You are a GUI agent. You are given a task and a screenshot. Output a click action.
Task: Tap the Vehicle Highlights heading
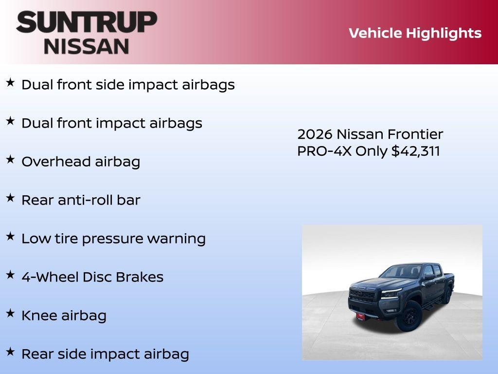(415, 33)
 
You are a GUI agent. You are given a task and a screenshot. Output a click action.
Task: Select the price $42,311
(416, 151)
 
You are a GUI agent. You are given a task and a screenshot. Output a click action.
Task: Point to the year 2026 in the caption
(315, 134)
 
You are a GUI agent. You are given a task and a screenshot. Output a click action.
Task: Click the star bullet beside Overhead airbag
(10, 159)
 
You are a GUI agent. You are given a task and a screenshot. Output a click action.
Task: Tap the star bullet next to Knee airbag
(10, 313)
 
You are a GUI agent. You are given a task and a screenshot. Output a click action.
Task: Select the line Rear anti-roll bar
(81, 200)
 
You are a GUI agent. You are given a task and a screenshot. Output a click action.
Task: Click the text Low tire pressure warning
(113, 239)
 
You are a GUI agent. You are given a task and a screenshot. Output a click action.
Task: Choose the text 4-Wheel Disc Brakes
(92, 277)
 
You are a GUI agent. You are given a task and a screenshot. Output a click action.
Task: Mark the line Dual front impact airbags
(111, 123)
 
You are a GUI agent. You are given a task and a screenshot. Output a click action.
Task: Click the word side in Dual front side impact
(109, 85)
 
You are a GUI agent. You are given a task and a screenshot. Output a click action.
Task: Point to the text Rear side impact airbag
(105, 354)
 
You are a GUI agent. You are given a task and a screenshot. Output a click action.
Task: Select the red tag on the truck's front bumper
(360, 316)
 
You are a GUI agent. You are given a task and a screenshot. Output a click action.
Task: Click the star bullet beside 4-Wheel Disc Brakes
(10, 275)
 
